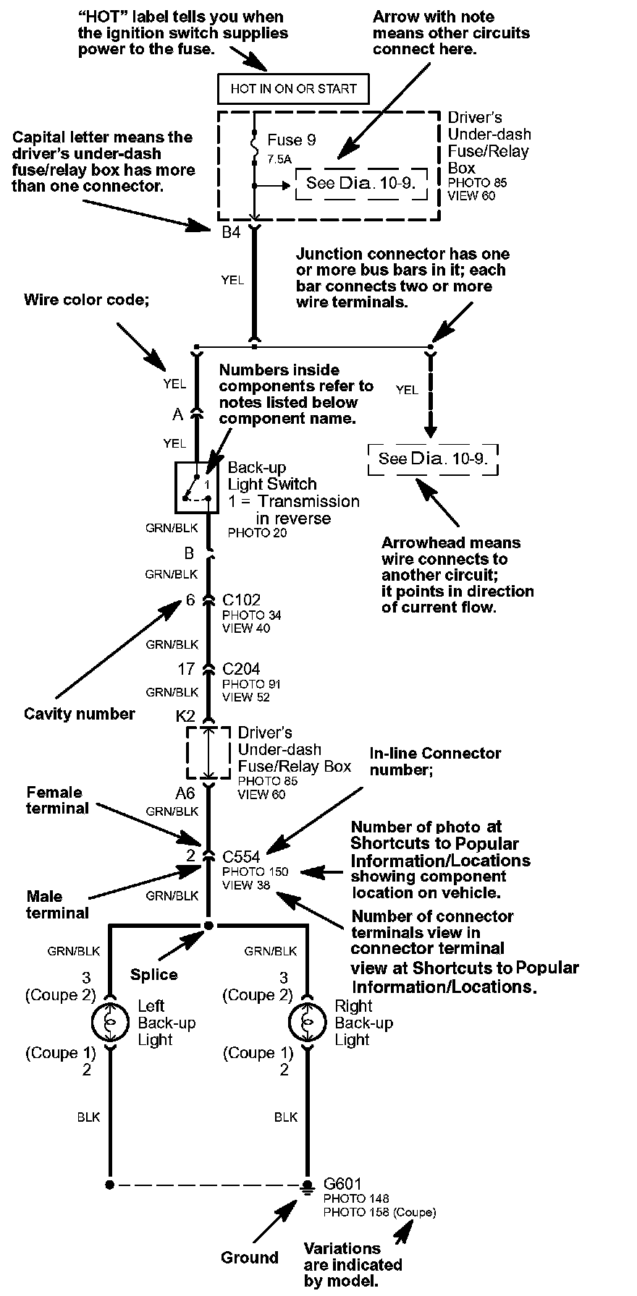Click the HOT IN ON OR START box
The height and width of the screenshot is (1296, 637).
click(x=293, y=89)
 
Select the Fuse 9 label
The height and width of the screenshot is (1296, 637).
click(x=291, y=140)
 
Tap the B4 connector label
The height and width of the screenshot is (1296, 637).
click(x=230, y=232)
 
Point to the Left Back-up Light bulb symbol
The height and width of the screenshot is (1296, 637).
click(x=110, y=1023)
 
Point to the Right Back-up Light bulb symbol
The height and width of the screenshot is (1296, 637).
click(x=307, y=1023)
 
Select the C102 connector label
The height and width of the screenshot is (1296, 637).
click(x=241, y=600)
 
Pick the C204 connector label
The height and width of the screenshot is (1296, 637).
click(x=241, y=668)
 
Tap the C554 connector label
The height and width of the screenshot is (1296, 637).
click(x=241, y=857)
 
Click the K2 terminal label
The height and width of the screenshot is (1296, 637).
click(x=185, y=716)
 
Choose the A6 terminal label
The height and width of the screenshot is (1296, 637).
click(x=185, y=793)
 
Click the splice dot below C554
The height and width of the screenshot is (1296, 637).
click(x=208, y=925)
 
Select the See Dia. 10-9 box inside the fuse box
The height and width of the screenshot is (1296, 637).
click(x=360, y=183)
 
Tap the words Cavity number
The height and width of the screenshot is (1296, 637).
click(x=80, y=714)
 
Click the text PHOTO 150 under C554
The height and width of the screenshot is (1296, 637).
click(x=255, y=871)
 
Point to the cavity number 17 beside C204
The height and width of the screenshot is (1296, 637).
click(x=187, y=669)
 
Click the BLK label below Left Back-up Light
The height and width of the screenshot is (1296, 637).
click(x=88, y=1117)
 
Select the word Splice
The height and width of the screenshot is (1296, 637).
click(x=154, y=974)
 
